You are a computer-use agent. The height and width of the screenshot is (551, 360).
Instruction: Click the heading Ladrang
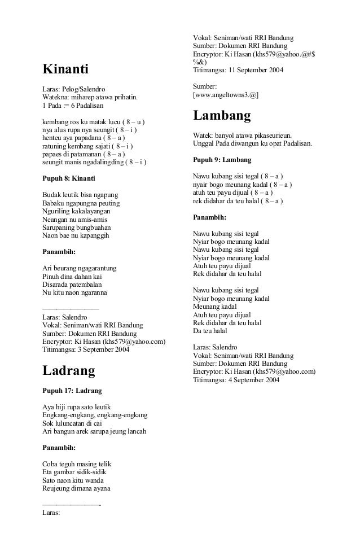point(69,371)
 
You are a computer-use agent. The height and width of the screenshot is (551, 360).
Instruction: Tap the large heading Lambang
point(222,116)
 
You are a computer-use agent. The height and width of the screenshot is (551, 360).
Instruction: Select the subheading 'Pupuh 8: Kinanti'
point(69,178)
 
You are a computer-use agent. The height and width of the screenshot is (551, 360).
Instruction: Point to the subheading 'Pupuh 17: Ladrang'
point(72,390)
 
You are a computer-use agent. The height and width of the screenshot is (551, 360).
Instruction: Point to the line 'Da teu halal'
point(210,331)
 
